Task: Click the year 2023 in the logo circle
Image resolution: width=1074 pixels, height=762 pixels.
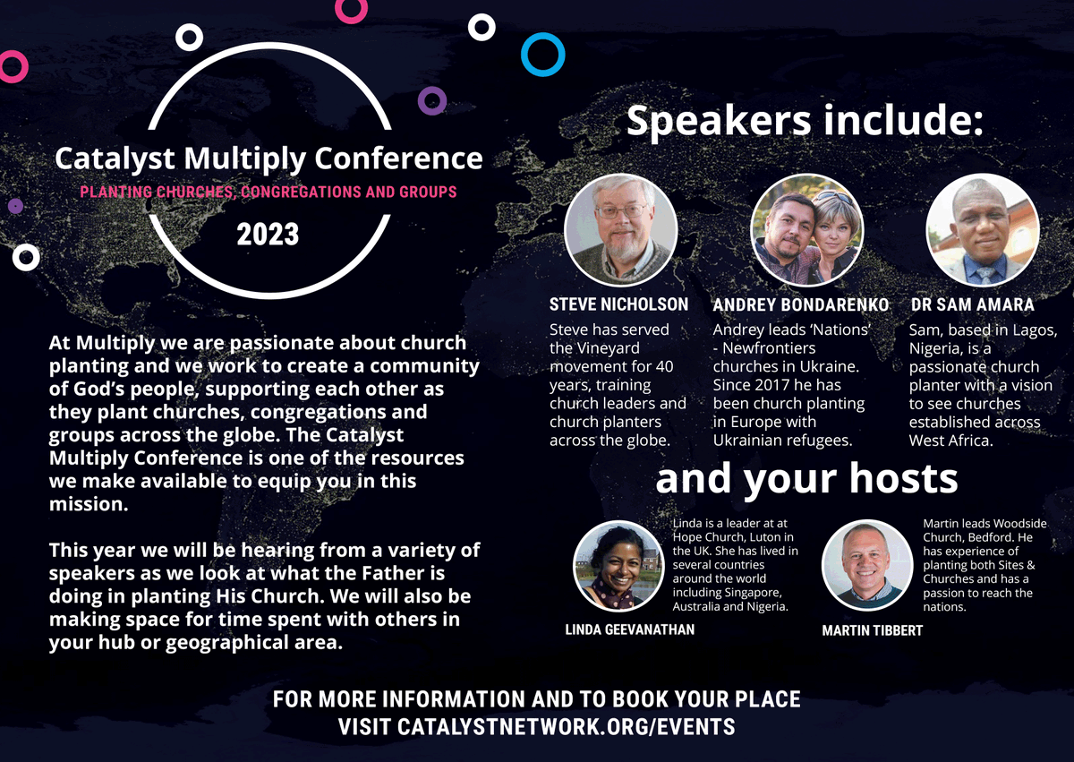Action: [x=268, y=235]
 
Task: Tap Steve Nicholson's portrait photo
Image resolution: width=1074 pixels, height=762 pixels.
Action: [x=620, y=230]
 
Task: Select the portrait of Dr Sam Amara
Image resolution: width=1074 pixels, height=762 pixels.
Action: [x=982, y=230]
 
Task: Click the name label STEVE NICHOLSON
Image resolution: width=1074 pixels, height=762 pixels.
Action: [x=618, y=304]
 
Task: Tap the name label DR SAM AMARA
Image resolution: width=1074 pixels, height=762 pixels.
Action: [x=972, y=304]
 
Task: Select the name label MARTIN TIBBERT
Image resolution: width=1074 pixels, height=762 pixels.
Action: [x=872, y=630]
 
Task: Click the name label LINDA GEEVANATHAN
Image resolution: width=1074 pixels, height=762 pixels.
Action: [x=629, y=629]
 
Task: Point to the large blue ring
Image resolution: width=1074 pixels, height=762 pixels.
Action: [x=543, y=54]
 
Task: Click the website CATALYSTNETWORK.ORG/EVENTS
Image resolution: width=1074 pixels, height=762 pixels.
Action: [x=536, y=727]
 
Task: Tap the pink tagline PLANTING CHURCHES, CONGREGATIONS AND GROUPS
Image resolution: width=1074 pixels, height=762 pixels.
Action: [x=268, y=192]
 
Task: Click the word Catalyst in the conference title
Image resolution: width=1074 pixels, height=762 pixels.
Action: [x=116, y=158]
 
